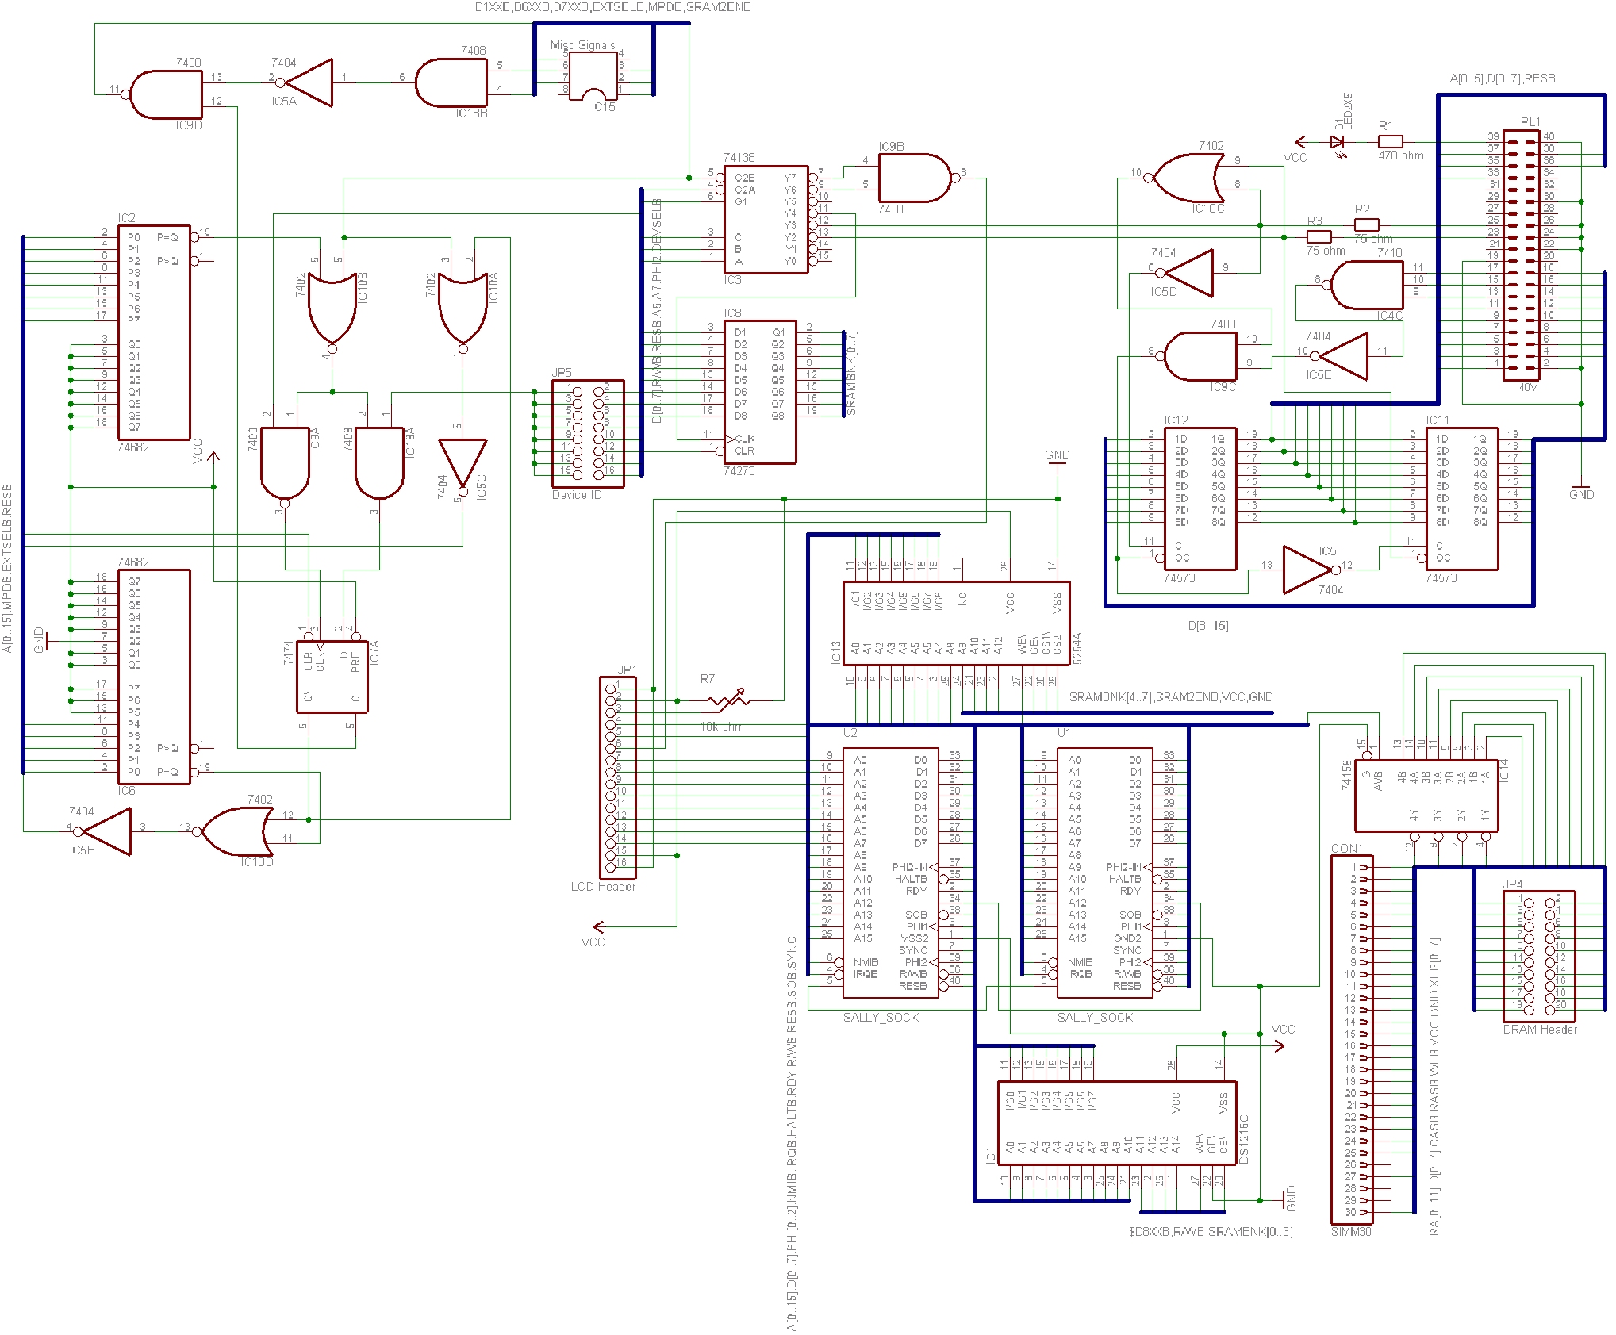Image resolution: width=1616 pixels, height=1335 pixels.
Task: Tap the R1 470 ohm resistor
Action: pos(1390,142)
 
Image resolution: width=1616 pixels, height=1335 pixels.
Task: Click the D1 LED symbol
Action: pos(1338,142)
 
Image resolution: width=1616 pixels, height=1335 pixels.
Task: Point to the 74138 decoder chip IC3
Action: pos(766,220)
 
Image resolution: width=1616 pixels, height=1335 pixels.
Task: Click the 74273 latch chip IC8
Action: pos(759,392)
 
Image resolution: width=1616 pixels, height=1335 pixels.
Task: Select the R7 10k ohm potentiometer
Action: pos(728,700)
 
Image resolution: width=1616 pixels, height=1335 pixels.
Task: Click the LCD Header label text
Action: pos(603,887)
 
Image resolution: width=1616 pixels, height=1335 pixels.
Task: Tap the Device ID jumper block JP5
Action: pos(588,433)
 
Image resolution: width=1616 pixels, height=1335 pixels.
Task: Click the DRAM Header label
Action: pos(1539,1030)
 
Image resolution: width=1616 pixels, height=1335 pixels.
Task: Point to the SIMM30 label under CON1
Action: pos(1350,1232)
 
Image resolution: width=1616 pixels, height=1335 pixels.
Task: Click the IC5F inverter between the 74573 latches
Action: pos(1306,570)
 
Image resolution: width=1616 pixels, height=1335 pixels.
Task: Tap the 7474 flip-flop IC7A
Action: pos(332,677)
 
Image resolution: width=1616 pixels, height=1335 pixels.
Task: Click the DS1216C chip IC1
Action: pos(1116,1123)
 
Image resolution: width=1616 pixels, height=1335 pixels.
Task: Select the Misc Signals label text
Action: pos(582,45)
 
